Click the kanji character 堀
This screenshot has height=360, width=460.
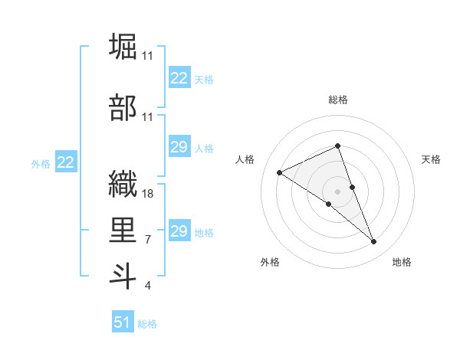pyautogui.click(x=123, y=46)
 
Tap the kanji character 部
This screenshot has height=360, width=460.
pyautogui.click(x=123, y=108)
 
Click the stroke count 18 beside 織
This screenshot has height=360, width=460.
pyautogui.click(x=148, y=194)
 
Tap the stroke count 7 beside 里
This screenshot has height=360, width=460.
pyautogui.click(x=148, y=240)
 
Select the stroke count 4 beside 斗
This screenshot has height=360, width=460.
pyautogui.click(x=148, y=286)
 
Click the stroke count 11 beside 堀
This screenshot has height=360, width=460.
pyautogui.click(x=148, y=56)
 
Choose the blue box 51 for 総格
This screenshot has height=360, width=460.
pyautogui.click(x=123, y=322)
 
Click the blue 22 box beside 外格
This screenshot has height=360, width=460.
pyautogui.click(x=66, y=162)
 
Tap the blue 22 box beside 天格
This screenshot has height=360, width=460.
pyautogui.click(x=179, y=78)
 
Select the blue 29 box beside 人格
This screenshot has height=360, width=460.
pyautogui.click(x=179, y=147)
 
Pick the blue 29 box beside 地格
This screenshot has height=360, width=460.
pyautogui.click(x=179, y=231)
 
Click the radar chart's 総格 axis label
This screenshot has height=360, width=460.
pyautogui.click(x=337, y=100)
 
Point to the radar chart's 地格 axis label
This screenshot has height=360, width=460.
pyautogui.click(x=402, y=263)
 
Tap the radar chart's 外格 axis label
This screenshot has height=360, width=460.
pyautogui.click(x=270, y=263)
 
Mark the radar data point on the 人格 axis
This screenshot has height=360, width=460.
pyautogui.click(x=280, y=172)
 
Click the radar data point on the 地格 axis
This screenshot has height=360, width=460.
pyautogui.click(x=374, y=242)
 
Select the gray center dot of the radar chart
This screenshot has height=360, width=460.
pyautogui.click(x=337, y=191)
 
